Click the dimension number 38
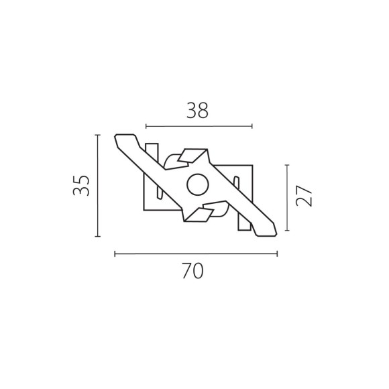pos(197,110)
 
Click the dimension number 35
pos(81,186)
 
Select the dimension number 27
pos(305,198)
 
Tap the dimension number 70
pos(192,271)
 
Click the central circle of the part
pos(197,185)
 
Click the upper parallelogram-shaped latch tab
pos(194,156)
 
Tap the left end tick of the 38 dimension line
pos(146,125)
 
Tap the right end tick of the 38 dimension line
pos(252,125)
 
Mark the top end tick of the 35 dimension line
pos(98,135)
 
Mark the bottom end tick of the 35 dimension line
pos(98,236)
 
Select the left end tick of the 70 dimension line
pos(115,254)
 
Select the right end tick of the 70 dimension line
pos(277,254)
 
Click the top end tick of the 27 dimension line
pos(287,164)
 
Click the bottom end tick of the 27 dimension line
pos(287,231)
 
